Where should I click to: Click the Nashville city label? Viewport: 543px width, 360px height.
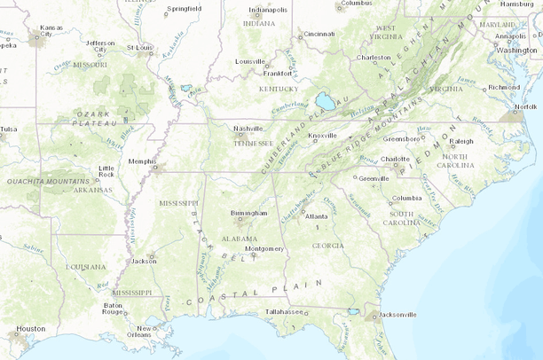(248, 129)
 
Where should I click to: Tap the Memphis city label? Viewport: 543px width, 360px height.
(142, 161)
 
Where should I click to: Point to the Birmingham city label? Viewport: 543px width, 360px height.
(248, 213)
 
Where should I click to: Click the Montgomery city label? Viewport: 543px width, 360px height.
(264, 249)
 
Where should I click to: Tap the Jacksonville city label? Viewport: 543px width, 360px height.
(397, 314)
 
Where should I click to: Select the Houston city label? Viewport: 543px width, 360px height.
(30, 328)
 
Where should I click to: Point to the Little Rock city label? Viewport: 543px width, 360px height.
(106, 170)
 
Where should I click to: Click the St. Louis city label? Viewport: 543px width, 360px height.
(139, 47)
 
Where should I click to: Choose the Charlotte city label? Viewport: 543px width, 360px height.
(395, 160)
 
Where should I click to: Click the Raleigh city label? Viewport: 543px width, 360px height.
(461, 141)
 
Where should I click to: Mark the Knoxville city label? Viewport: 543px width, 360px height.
(323, 136)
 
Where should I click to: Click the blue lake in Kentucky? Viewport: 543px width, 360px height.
(325, 102)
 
